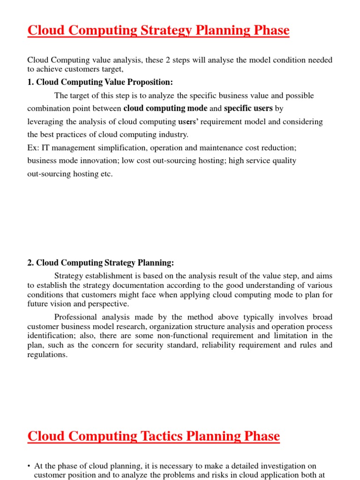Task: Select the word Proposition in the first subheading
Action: click(x=150, y=82)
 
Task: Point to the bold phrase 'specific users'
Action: click(x=248, y=108)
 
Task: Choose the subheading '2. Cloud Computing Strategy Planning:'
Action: click(x=100, y=262)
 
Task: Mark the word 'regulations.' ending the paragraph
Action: click(x=47, y=354)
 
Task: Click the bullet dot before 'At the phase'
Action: click(x=29, y=466)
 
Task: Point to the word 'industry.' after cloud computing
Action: click(x=172, y=135)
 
